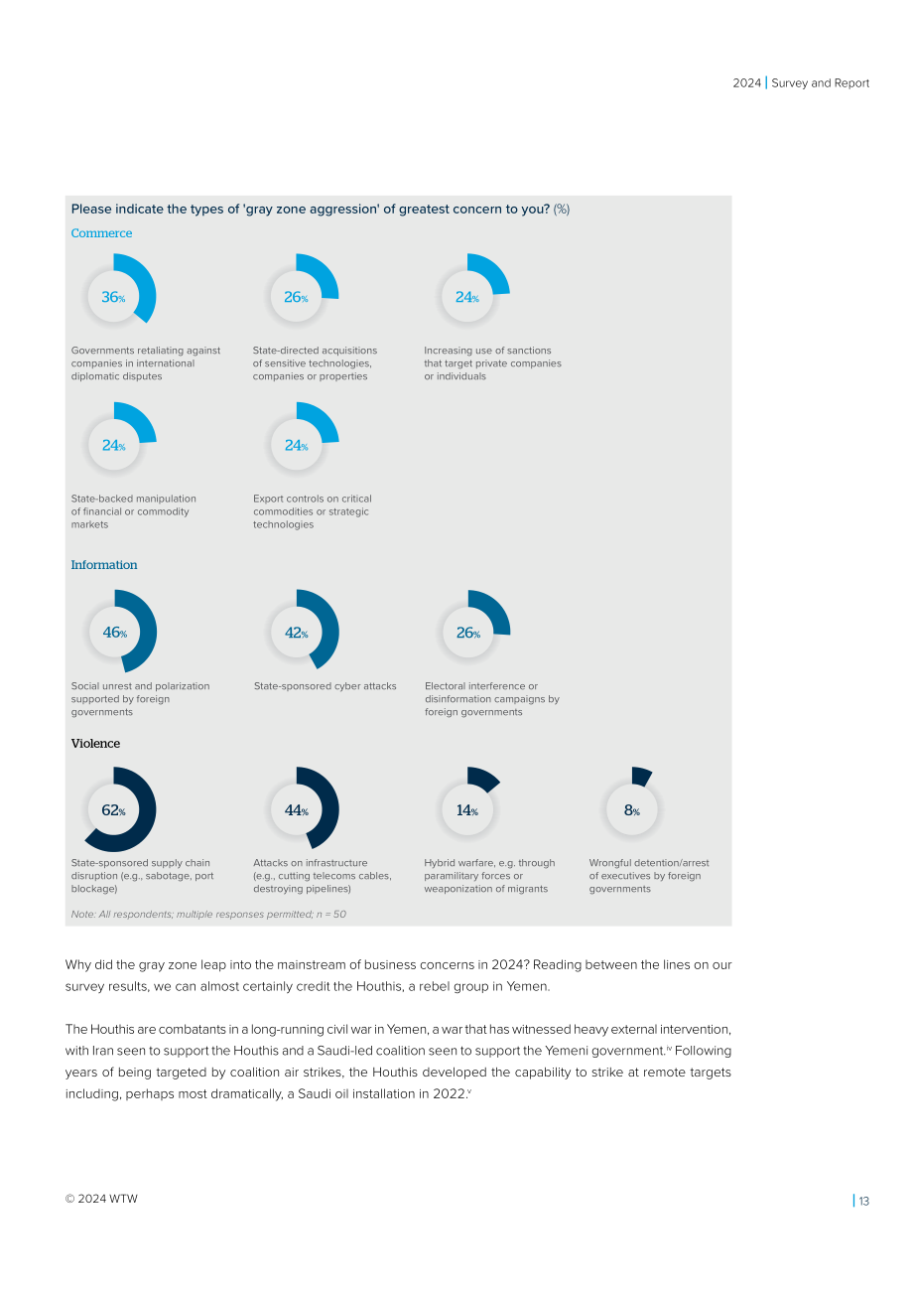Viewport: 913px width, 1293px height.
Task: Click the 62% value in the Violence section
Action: (113, 810)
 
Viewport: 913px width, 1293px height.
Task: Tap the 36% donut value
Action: (113, 297)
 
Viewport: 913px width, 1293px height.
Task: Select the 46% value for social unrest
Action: (115, 633)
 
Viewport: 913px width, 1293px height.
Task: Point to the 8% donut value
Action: (631, 810)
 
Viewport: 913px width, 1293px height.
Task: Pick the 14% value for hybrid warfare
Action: (467, 810)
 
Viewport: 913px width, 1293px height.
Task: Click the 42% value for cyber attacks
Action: (297, 633)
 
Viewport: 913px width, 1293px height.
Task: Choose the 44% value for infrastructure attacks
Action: (297, 810)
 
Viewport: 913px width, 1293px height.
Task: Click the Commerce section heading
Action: (101, 233)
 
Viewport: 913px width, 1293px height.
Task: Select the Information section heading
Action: (104, 564)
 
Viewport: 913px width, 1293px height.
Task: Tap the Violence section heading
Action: (95, 744)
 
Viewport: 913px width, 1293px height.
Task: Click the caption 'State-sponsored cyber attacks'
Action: (325, 686)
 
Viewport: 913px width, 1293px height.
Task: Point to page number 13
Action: (863, 1201)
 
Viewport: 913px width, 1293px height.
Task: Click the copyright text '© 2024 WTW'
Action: (101, 1199)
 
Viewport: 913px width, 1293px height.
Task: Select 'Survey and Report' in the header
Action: (820, 83)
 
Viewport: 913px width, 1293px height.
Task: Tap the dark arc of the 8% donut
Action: (641, 776)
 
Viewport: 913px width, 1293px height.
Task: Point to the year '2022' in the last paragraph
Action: (449, 1093)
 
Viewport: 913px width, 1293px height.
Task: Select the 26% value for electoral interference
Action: (467, 633)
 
